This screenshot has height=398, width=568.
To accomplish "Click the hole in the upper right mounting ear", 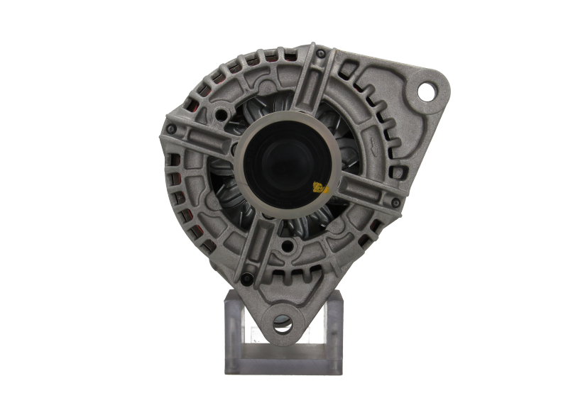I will [x=426, y=90].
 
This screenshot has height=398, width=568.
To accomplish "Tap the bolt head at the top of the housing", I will [x=322, y=54].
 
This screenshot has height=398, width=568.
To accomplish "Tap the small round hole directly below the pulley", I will [x=288, y=246].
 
